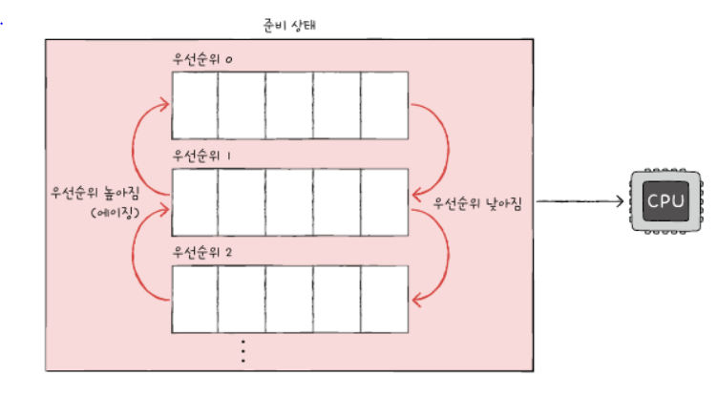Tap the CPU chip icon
(x=664, y=201)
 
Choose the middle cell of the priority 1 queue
(x=289, y=201)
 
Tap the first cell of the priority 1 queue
(x=194, y=201)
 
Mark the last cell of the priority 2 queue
(x=386, y=298)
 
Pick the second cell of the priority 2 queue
(x=242, y=298)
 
